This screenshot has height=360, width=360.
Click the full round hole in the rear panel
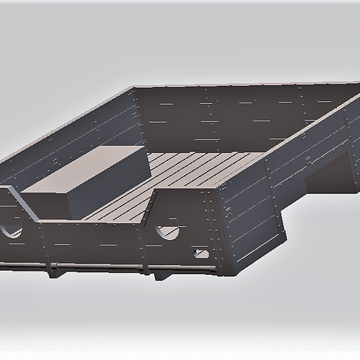(167, 228)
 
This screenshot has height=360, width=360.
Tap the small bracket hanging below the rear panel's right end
(160, 274)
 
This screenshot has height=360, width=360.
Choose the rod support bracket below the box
(52, 269)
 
